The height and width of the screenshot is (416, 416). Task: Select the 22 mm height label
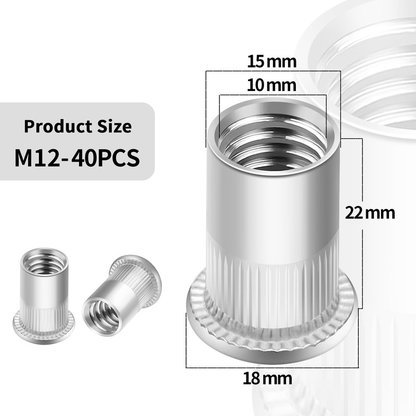[x=370, y=213]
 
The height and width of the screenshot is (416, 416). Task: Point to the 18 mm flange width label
[x=267, y=378]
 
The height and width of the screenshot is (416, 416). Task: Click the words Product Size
[x=78, y=126]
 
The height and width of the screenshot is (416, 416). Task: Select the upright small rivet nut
[x=44, y=291]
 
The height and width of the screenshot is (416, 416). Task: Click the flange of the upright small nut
[x=44, y=324]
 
